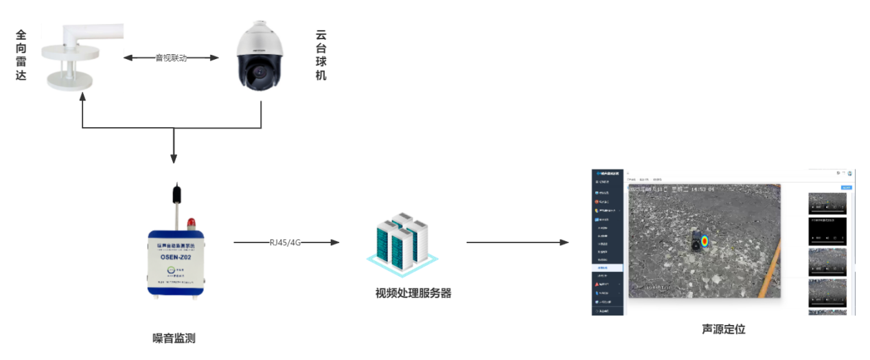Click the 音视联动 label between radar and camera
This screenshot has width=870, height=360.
pos(171,58)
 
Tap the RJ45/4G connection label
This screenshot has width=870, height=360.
pos(285,242)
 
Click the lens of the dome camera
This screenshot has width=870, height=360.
pos(260,71)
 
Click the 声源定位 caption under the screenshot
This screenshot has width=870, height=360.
pos(723,329)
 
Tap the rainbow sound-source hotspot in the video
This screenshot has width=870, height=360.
pos(704,242)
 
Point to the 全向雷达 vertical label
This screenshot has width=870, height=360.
pos(21,54)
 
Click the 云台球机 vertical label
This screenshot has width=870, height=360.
pos(320,54)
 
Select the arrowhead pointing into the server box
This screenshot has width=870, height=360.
pos(335,243)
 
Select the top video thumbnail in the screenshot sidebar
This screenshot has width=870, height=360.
pos(827,203)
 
